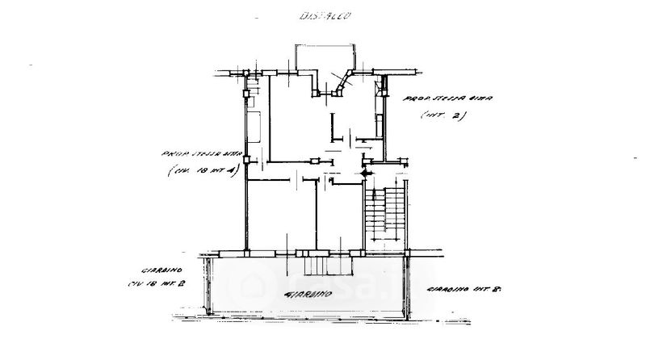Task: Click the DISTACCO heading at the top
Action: [x=324, y=15]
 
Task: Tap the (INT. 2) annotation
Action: [x=443, y=115]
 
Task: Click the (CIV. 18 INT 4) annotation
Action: [x=199, y=170]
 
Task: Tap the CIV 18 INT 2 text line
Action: [x=157, y=284]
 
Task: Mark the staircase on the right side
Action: [x=384, y=214]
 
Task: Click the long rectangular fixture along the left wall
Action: [x=253, y=128]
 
